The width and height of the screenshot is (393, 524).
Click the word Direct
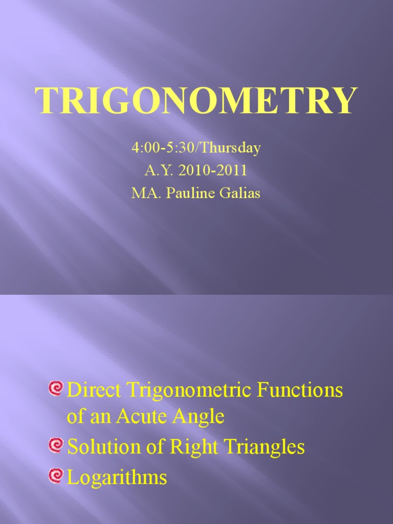[95, 390]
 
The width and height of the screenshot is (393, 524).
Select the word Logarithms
[117, 478]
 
